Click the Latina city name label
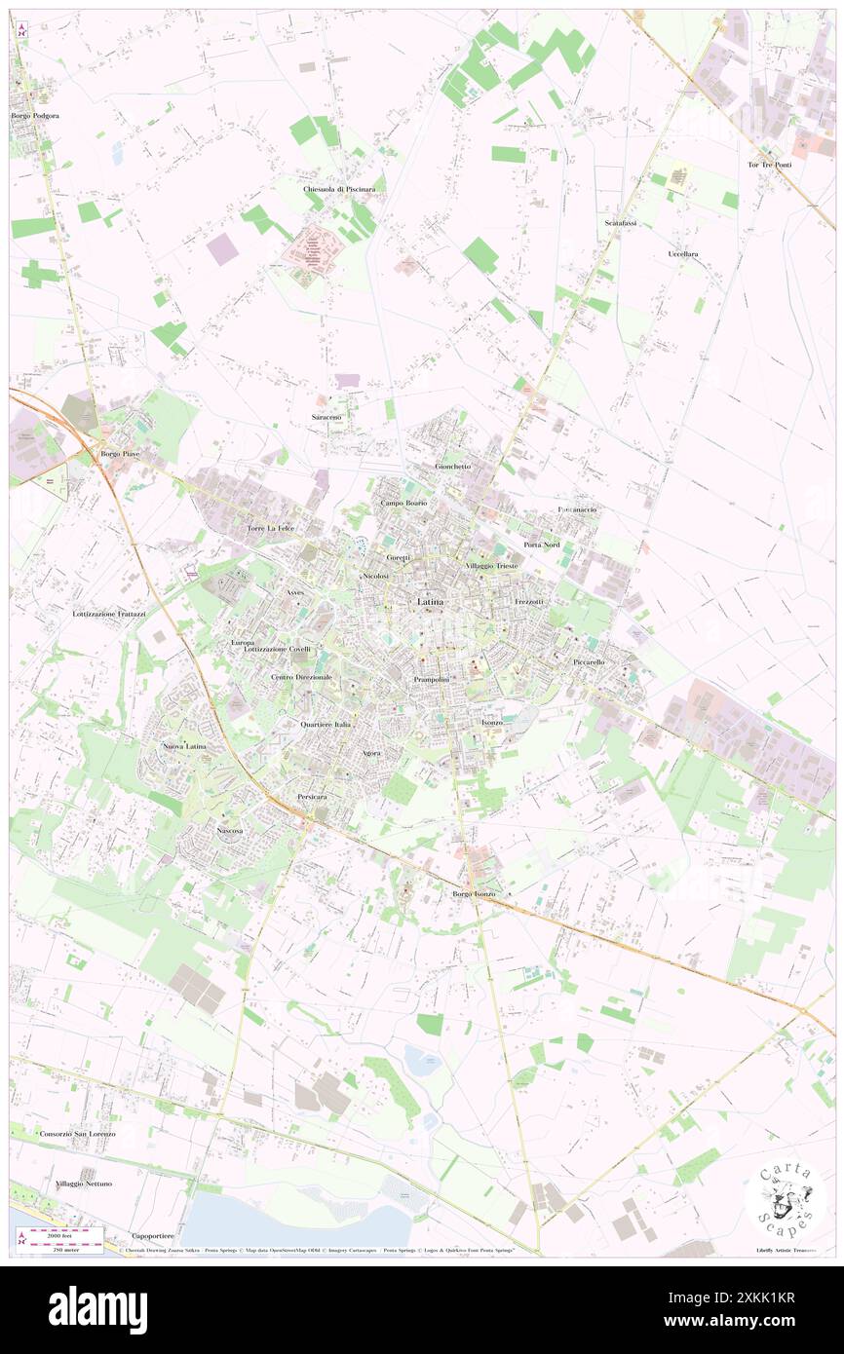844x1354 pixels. click(430, 602)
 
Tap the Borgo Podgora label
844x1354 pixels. click(35, 116)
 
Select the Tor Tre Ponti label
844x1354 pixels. click(769, 164)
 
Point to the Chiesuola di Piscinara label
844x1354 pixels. click(339, 188)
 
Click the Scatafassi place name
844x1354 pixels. click(620, 222)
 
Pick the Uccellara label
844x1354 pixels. click(683, 253)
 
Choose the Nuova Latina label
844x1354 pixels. click(184, 746)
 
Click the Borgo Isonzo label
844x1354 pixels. click(475, 893)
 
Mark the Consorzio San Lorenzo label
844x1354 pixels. click(77, 1134)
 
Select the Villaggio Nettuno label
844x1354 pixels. click(84, 1183)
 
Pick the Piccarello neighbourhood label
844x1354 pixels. click(589, 661)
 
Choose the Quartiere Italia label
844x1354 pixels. click(326, 725)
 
